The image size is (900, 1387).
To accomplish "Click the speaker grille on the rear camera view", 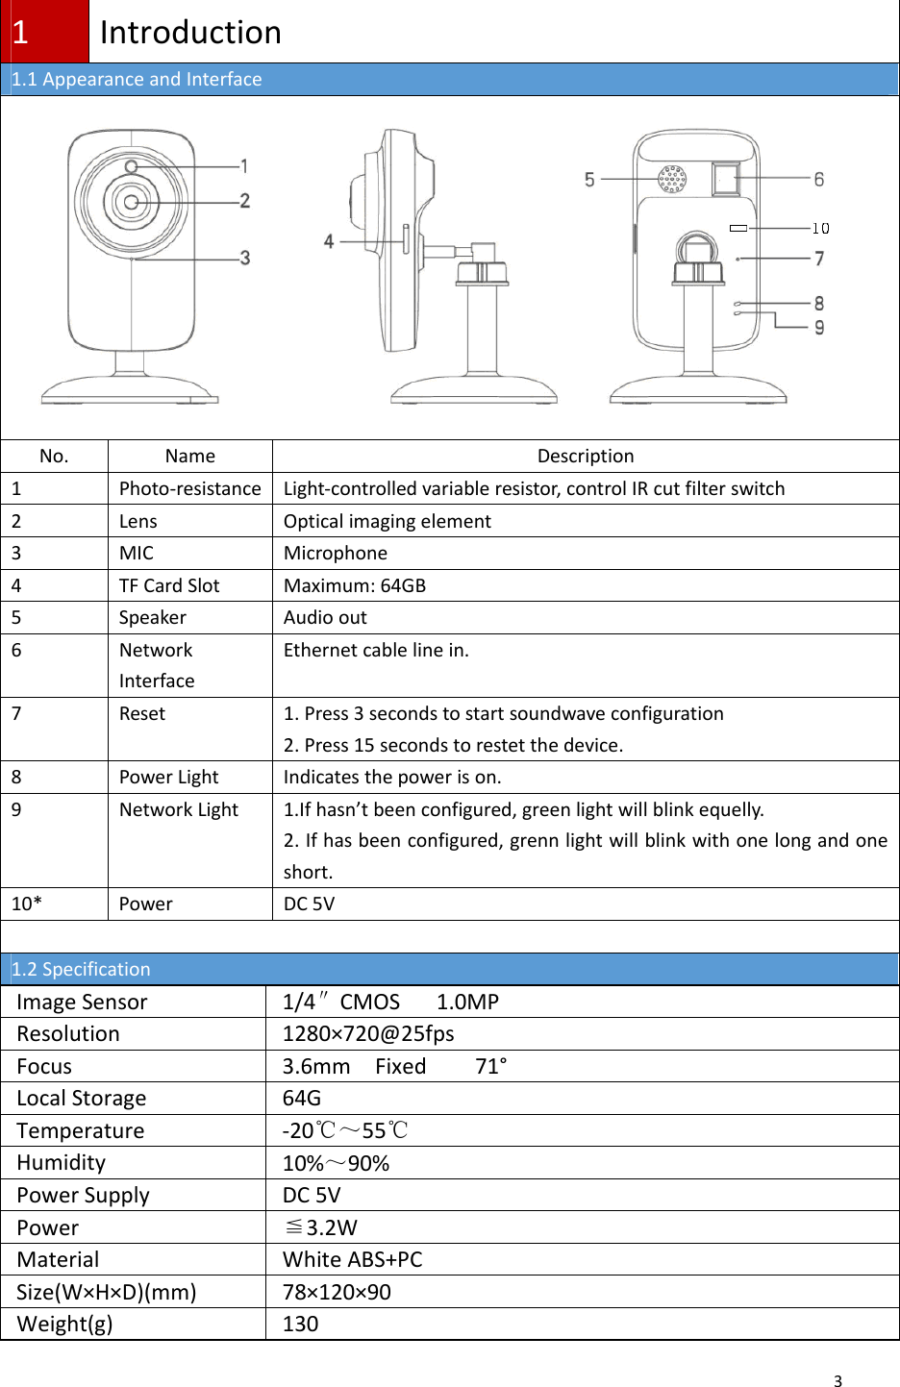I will point(672,179).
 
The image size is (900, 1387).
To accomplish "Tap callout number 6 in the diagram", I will point(819,179).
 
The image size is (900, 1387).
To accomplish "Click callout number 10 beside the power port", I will point(820,229).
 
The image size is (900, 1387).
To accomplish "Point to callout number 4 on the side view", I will point(329,241).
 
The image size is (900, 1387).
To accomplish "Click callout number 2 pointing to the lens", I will point(245,201).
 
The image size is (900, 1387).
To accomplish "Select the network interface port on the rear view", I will point(725,179).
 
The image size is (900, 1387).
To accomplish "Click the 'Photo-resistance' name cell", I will point(189,488).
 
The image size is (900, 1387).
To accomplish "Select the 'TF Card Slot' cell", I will point(169,585).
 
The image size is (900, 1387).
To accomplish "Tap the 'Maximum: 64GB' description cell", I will point(354,585).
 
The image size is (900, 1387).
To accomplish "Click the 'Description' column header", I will point(585,456).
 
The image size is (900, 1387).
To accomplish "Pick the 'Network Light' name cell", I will point(179,809).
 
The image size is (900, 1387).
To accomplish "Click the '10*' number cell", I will point(27,904).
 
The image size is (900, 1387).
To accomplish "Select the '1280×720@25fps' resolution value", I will point(368,1033).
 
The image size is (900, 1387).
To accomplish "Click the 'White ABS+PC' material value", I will point(352,1259).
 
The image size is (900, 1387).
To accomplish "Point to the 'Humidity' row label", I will point(62,1163).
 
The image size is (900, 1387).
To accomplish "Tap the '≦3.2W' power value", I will point(321,1227).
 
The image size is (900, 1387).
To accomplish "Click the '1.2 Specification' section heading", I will point(82,969).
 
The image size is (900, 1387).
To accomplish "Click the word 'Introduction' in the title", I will point(190,33).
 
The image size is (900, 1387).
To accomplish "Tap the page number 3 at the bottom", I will point(837,1381).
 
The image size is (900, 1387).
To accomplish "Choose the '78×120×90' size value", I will point(337,1292).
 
